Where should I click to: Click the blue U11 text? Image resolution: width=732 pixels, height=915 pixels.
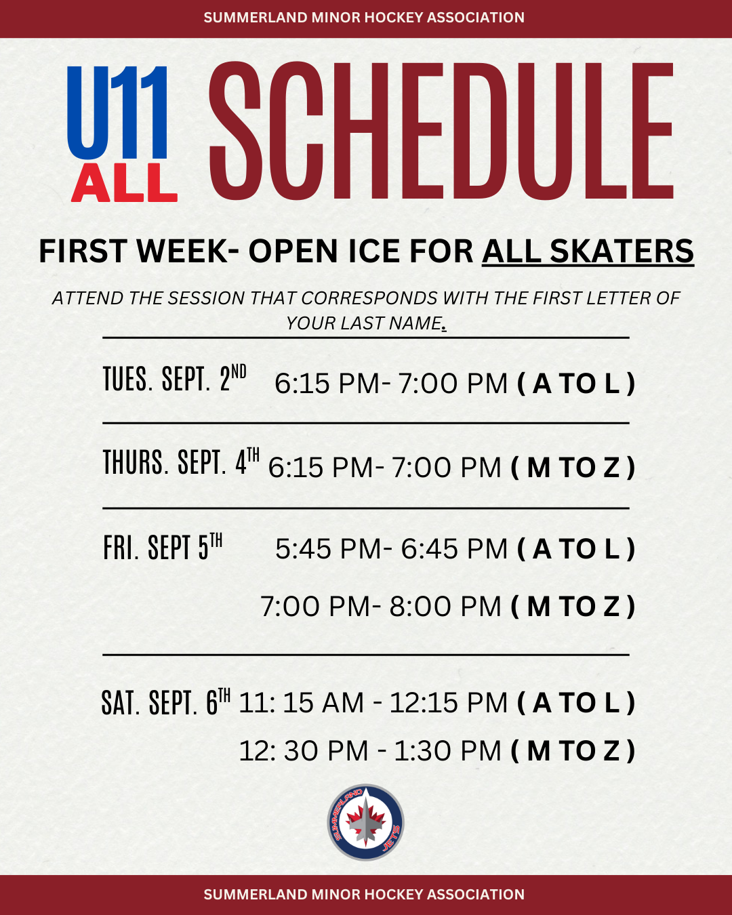click(117, 113)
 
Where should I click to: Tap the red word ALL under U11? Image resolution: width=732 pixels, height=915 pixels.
click(124, 183)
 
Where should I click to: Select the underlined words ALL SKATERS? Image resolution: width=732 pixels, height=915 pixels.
click(588, 251)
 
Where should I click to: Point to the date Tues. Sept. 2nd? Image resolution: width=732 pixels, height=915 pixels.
click(175, 378)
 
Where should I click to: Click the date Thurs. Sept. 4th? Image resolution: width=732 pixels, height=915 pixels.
click(181, 462)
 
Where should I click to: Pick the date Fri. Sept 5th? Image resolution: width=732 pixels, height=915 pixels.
click(163, 547)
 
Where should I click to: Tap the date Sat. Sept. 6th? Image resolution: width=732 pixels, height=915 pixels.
click(166, 702)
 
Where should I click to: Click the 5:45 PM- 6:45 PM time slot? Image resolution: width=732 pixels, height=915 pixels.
click(392, 548)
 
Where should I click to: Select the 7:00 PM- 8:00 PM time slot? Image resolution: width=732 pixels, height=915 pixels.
click(381, 607)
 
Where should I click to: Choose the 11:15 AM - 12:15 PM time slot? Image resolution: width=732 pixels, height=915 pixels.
click(373, 702)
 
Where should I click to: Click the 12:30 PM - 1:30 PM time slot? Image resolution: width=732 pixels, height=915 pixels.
click(371, 751)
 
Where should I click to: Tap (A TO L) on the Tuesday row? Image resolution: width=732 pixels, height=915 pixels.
click(576, 384)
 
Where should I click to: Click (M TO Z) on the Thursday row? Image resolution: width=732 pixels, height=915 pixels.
click(573, 467)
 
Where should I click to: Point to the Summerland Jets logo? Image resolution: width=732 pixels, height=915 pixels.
click(366, 822)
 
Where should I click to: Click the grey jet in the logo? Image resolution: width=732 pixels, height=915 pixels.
click(365, 822)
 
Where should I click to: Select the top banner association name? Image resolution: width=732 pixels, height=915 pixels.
click(364, 18)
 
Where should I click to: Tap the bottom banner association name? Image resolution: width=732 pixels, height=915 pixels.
click(364, 895)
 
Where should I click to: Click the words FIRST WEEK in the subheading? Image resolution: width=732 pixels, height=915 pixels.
click(134, 251)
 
